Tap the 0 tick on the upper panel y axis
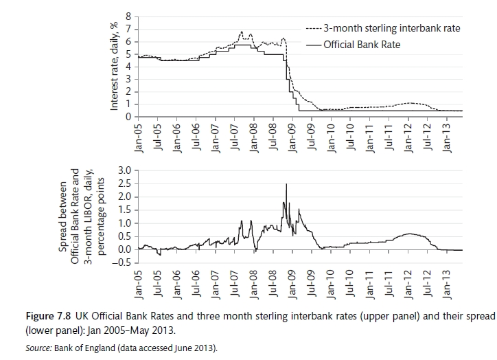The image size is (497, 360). pos(128,117)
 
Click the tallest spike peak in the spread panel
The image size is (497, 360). pos(286,184)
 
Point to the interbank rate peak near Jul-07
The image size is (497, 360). pos(242,32)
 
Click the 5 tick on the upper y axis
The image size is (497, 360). pos(128,54)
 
